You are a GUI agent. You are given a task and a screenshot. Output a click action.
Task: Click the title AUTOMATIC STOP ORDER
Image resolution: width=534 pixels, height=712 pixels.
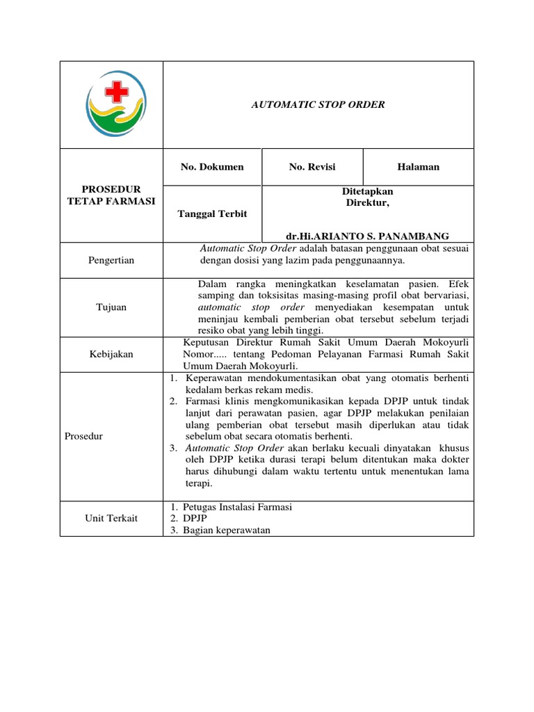318,105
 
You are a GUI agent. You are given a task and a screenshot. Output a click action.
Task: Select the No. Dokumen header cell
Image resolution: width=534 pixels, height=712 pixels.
212,167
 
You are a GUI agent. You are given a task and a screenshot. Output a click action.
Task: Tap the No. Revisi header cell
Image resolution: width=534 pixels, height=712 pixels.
312,167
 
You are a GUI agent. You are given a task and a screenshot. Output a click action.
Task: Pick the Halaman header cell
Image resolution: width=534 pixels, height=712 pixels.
418,167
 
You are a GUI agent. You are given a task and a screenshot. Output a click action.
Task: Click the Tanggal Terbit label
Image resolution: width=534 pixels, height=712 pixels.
213,213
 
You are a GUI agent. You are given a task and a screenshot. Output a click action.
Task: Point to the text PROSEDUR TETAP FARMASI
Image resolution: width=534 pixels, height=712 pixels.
111,195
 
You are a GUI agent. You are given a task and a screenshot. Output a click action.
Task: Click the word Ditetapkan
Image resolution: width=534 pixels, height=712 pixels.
368,191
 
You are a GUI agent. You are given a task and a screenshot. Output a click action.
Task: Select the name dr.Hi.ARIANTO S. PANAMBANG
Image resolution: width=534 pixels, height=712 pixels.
368,236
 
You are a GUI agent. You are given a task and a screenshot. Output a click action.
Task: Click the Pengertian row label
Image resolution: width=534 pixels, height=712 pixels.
111,260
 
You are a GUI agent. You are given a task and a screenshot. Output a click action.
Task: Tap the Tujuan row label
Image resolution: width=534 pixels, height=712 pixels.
111,307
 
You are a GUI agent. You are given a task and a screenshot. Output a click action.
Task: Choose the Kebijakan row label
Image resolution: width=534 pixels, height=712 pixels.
111,355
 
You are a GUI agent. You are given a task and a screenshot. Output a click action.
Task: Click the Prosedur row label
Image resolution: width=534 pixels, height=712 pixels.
85,437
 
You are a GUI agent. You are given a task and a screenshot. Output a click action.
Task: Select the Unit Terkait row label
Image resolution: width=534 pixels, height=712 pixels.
111,519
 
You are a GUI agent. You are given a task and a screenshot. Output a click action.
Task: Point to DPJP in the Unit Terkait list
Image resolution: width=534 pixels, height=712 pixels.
195,519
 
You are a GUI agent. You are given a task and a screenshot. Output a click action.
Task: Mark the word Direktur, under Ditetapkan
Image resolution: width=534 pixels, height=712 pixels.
368,202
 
